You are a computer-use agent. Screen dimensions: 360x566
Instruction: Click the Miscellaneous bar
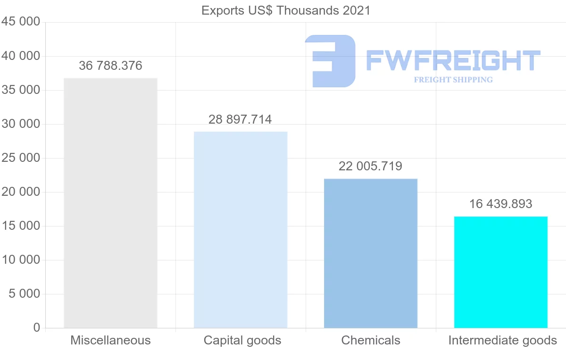click(110, 203)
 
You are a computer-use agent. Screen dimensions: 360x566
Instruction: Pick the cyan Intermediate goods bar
click(500, 272)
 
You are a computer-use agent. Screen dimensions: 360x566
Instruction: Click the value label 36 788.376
click(110, 66)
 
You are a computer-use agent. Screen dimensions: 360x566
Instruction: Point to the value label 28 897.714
click(240, 119)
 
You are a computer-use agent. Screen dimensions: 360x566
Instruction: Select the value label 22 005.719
click(370, 166)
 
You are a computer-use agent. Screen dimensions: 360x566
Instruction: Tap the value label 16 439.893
click(500, 204)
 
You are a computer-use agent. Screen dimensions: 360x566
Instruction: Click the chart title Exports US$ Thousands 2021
click(286, 10)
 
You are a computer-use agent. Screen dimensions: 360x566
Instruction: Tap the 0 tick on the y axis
click(37, 328)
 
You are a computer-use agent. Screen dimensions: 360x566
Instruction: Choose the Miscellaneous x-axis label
click(110, 340)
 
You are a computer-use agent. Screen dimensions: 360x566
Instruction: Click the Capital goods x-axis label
click(242, 340)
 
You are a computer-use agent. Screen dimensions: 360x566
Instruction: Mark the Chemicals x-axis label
click(371, 340)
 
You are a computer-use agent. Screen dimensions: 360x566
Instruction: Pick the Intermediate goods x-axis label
click(502, 340)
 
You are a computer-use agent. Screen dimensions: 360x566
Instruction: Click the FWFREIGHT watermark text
click(453, 60)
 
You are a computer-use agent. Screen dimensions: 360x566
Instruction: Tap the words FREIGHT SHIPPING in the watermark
click(453, 80)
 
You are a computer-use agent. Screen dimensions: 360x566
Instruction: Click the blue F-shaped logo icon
click(330, 61)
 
